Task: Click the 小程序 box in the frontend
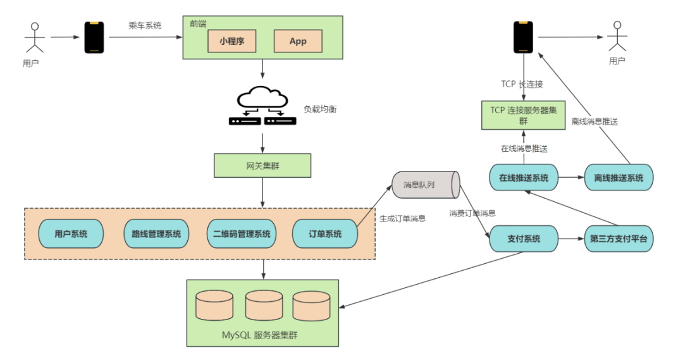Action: (232, 41)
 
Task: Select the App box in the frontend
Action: (297, 41)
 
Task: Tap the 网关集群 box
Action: (262, 166)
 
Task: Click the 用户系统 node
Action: (71, 234)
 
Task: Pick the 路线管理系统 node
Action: (156, 234)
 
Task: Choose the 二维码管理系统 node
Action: (241, 234)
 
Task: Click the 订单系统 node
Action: (325, 234)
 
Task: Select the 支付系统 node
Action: (524, 239)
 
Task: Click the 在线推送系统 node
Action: (524, 178)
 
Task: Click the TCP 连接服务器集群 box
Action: (524, 115)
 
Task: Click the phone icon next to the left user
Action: (95, 37)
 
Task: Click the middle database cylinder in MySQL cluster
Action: (263, 306)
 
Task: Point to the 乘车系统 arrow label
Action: (144, 26)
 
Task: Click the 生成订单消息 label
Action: (402, 218)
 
